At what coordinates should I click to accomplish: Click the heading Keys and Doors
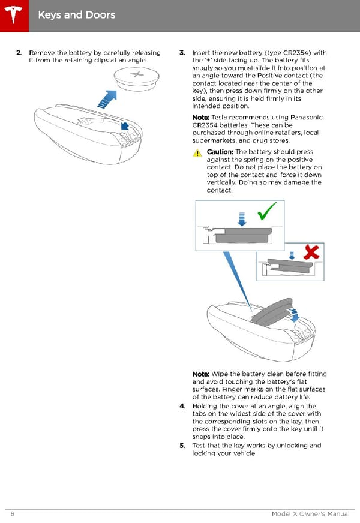point(76,14)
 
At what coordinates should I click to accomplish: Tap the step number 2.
point(19,53)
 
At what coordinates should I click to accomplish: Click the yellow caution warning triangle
point(197,154)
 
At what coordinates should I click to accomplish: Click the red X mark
point(311,253)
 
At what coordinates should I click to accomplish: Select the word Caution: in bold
point(220,152)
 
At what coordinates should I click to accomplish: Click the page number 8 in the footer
point(12,515)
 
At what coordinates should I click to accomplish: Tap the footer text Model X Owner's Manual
point(310,515)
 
